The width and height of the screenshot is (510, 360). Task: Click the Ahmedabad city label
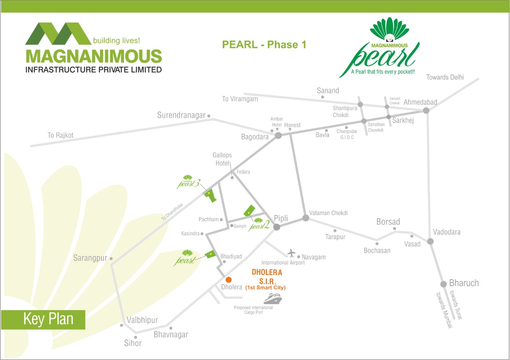pyautogui.click(x=420, y=102)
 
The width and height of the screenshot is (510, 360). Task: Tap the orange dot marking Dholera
pyautogui.click(x=228, y=280)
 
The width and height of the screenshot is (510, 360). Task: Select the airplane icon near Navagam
pyautogui.click(x=292, y=253)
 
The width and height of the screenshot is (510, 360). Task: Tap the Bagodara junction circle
pyautogui.click(x=278, y=135)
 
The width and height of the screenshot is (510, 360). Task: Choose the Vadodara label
pyautogui.click(x=447, y=232)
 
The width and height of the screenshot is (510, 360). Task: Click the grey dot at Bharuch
pyautogui.click(x=443, y=284)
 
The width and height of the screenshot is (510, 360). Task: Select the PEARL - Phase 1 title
pyautogui.click(x=264, y=45)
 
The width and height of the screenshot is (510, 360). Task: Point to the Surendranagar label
pyautogui.click(x=181, y=115)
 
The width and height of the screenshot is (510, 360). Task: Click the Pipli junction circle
pyautogui.click(x=277, y=227)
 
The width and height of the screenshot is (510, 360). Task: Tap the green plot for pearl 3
pyautogui.click(x=210, y=195)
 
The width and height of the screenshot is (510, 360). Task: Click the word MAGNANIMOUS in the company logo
pyautogui.click(x=94, y=56)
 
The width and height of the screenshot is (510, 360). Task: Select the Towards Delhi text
pyautogui.click(x=445, y=77)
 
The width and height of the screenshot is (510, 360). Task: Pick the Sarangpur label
pyautogui.click(x=90, y=258)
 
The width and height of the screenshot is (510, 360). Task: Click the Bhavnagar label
pyautogui.click(x=171, y=335)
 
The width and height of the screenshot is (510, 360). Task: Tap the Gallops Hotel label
pyautogui.click(x=222, y=159)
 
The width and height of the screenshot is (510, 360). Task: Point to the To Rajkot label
pyautogui.click(x=61, y=135)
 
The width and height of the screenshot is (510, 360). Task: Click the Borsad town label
pyautogui.click(x=388, y=222)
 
